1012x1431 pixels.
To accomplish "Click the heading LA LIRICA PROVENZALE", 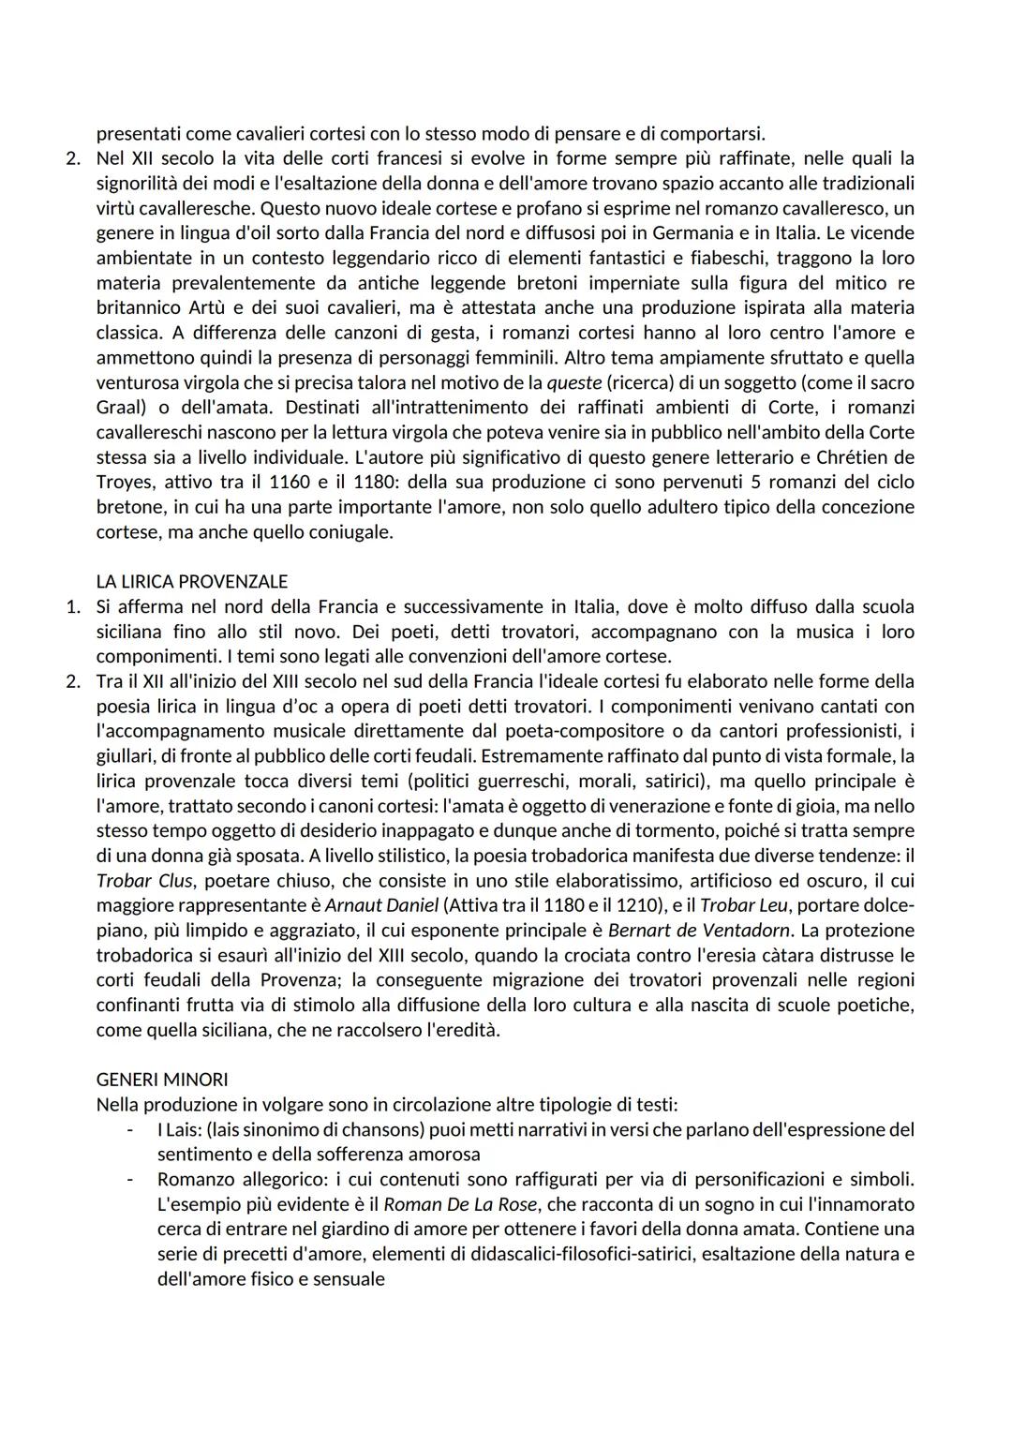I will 192,582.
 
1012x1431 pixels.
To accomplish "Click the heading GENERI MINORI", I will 162,1080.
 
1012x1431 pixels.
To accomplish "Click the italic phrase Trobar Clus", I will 145,881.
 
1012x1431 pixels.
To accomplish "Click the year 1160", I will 290,483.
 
